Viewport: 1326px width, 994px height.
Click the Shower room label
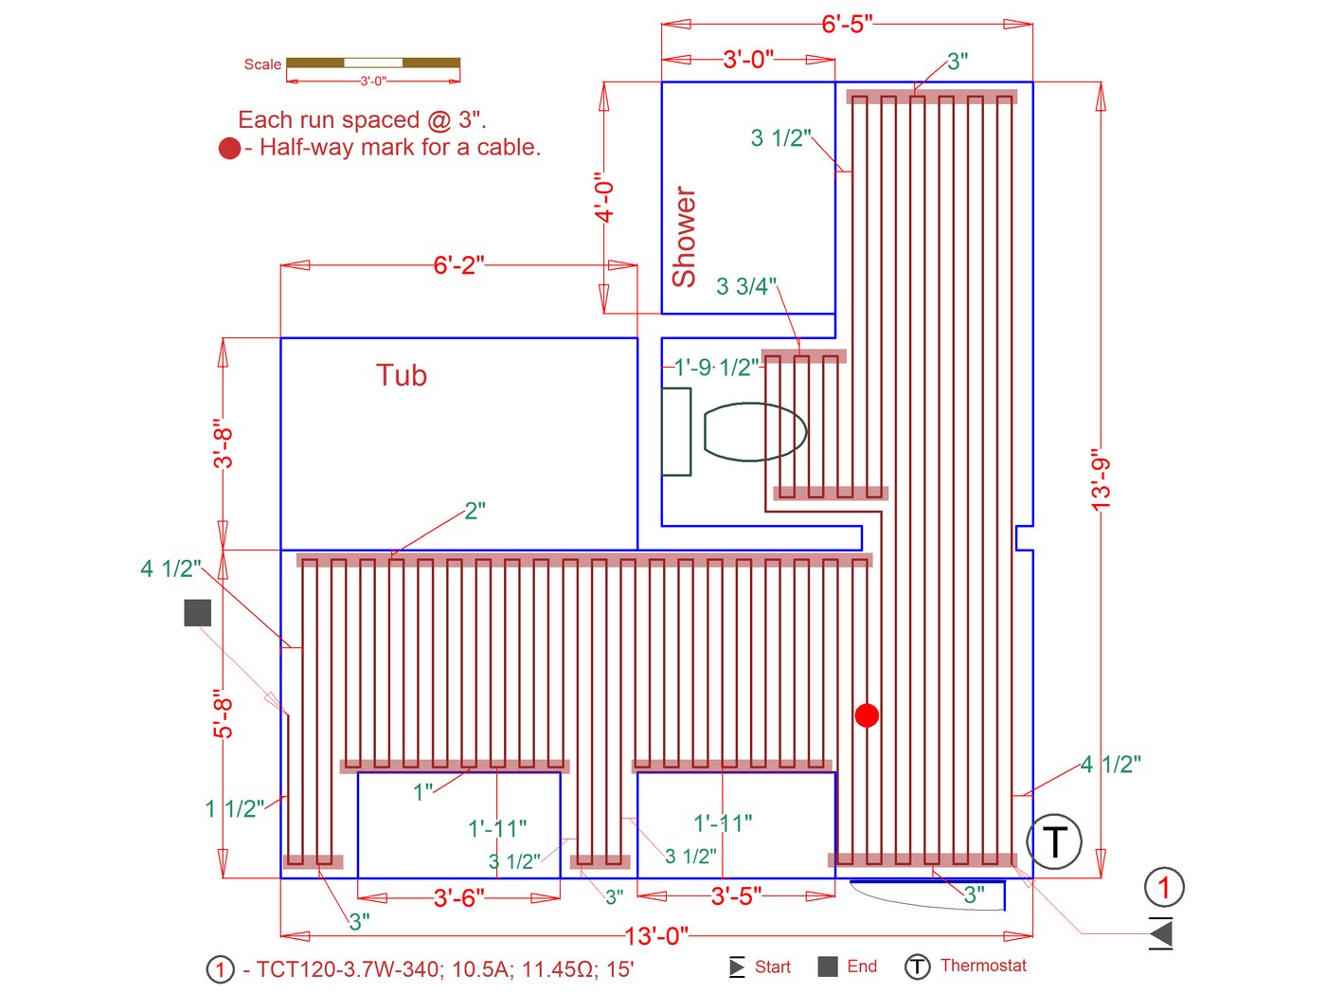(684, 237)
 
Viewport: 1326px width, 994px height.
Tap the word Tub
(402, 375)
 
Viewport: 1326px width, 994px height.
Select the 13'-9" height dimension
(1101, 480)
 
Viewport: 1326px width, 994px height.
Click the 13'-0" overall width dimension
(656, 936)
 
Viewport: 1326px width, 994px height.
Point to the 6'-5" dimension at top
(847, 24)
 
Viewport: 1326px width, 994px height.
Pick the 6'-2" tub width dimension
(458, 265)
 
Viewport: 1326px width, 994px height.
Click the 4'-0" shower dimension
(604, 197)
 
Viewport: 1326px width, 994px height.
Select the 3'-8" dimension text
(223, 443)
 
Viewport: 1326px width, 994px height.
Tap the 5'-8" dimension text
(223, 714)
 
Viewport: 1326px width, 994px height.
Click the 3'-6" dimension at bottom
(458, 897)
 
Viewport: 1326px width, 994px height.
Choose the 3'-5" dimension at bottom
(736, 895)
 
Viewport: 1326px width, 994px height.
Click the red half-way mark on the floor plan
(867, 715)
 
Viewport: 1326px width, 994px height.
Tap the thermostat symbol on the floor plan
(1054, 841)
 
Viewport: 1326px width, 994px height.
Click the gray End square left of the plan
(197, 613)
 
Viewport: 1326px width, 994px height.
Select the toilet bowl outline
(754, 432)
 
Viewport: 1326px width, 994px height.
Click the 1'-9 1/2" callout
(716, 368)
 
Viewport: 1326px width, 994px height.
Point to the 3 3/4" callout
(746, 286)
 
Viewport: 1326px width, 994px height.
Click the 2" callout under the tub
(475, 511)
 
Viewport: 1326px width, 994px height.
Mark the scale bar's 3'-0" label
(373, 81)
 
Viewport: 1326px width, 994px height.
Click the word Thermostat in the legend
(983, 966)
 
